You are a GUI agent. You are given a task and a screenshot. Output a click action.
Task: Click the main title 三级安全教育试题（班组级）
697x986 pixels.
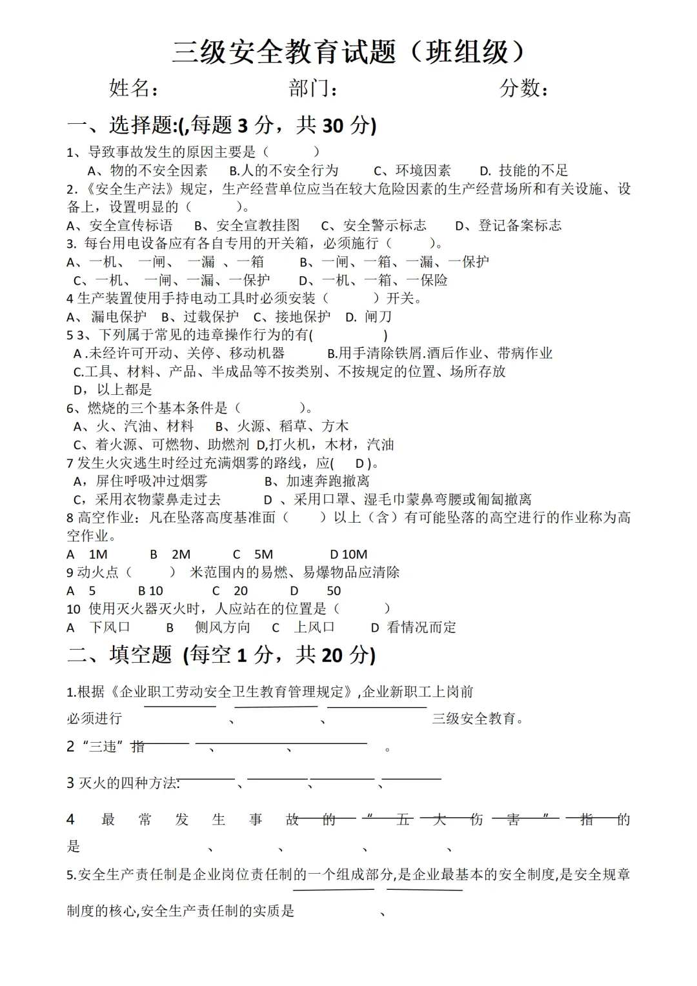pyautogui.click(x=348, y=52)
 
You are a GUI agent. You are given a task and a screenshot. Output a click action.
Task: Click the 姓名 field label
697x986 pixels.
pyautogui.click(x=134, y=88)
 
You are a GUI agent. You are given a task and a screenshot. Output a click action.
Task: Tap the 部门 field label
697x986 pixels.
pyautogui.click(x=313, y=88)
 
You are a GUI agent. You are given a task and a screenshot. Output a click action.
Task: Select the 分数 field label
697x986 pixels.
pyautogui.click(x=523, y=88)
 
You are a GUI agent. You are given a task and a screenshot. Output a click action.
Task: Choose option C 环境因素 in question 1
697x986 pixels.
pyautogui.click(x=412, y=170)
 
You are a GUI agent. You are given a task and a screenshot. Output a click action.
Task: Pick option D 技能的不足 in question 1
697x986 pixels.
pyautogui.click(x=524, y=170)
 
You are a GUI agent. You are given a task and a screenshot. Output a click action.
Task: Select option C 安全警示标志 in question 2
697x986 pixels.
pyautogui.click(x=374, y=225)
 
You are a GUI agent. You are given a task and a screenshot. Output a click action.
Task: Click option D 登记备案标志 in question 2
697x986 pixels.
pyautogui.click(x=509, y=225)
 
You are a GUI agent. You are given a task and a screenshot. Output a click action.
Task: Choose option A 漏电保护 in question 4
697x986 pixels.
pyautogui.click(x=107, y=317)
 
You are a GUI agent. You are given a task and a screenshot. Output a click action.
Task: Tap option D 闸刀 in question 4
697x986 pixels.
pyautogui.click(x=369, y=317)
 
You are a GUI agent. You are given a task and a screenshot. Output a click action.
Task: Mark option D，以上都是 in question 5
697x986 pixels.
pyautogui.click(x=113, y=389)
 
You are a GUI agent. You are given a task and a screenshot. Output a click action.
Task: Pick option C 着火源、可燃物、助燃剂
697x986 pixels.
pyautogui.click(x=161, y=445)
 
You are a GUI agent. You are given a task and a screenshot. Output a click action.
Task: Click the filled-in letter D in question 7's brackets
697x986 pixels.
pyautogui.click(x=360, y=463)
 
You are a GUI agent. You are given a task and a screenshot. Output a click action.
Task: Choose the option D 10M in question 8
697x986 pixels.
pyautogui.click(x=348, y=554)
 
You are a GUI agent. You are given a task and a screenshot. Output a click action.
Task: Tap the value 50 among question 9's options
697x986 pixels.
pyautogui.click(x=334, y=591)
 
